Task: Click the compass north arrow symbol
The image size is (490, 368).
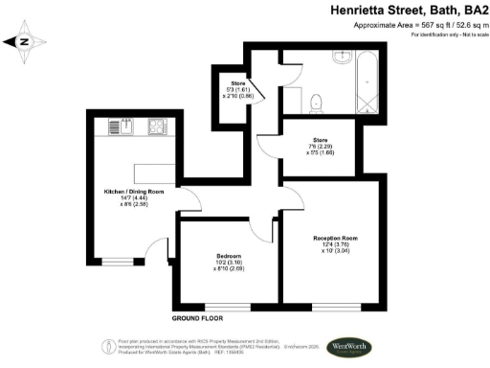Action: [27, 41]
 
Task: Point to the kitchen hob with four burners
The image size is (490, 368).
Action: [155, 126]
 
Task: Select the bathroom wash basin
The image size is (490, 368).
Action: [342, 57]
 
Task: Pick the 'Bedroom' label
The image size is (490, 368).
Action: [228, 256]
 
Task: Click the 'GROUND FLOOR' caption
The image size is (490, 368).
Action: [198, 316]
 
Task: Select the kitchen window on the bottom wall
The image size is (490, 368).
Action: [118, 260]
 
